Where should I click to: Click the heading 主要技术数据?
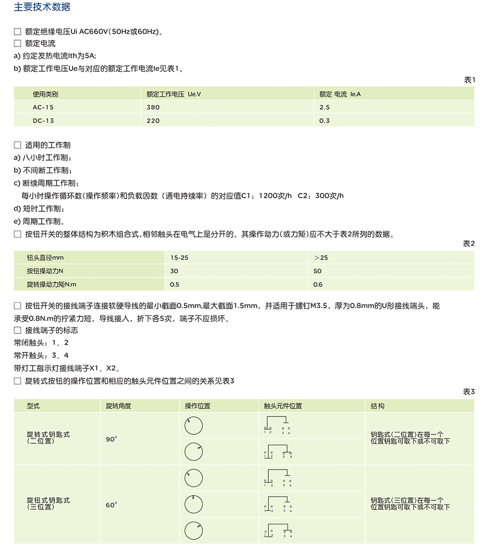click(42, 7)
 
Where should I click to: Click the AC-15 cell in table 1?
click(43, 107)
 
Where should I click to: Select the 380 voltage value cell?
click(153, 107)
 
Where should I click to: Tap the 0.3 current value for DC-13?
click(324, 120)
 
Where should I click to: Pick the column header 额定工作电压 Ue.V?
click(174, 94)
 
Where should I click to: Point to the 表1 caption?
click(469, 80)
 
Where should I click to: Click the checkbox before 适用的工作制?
click(17, 145)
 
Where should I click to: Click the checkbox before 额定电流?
click(17, 43)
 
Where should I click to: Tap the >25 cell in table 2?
click(321, 258)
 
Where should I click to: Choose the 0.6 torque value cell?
click(318, 285)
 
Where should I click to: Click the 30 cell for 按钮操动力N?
click(174, 271)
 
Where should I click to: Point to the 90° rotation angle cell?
click(111, 439)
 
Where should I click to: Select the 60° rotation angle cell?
click(111, 505)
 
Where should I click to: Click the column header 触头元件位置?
click(283, 406)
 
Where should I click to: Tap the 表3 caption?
click(469, 392)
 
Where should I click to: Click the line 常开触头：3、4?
click(41, 356)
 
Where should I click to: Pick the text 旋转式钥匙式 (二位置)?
click(48, 438)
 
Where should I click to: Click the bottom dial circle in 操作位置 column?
click(194, 530)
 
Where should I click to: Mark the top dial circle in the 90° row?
click(194, 426)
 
